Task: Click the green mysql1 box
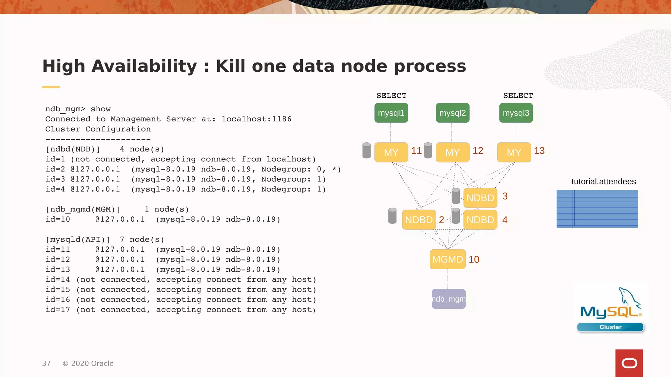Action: (391, 113)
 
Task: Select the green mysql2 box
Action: (452, 113)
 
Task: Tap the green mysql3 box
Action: (516, 113)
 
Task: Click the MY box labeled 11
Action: (391, 152)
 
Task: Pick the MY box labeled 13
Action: (514, 152)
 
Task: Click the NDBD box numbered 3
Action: (480, 198)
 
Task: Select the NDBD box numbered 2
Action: (419, 220)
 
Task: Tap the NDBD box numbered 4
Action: (480, 220)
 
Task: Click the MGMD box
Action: (448, 259)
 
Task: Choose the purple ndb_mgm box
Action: (449, 299)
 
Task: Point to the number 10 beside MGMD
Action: (474, 259)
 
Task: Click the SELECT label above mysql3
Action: (518, 96)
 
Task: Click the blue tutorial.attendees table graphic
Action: (597, 208)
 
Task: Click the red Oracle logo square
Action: (629, 363)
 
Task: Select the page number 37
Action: (46, 363)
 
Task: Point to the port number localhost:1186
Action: (256, 119)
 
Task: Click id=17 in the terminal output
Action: (58, 310)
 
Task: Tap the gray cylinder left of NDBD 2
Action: (392, 216)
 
